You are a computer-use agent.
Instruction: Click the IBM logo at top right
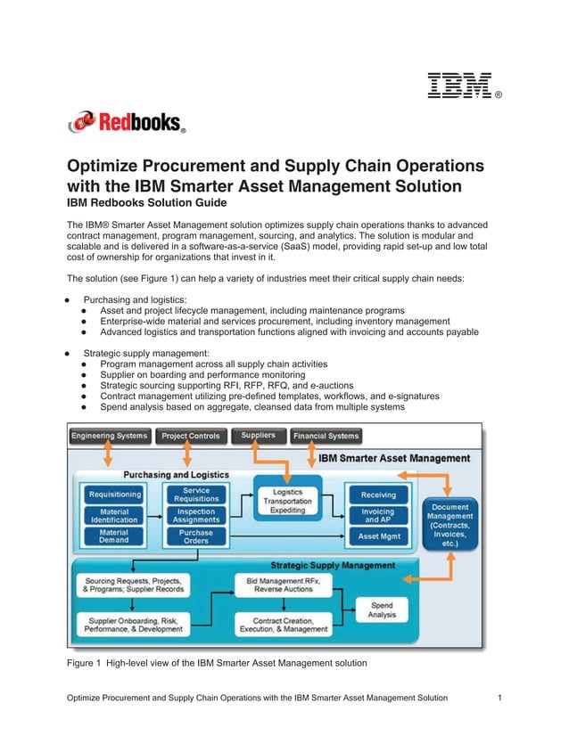click(x=460, y=86)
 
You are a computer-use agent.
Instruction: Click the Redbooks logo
click(x=127, y=122)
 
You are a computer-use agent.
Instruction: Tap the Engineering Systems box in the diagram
click(x=110, y=436)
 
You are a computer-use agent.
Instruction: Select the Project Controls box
click(x=190, y=436)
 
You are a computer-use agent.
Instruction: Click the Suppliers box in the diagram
click(x=259, y=435)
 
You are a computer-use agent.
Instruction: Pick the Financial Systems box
click(x=326, y=436)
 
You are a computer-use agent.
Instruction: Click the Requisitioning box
click(x=114, y=494)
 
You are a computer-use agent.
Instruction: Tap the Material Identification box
click(x=114, y=515)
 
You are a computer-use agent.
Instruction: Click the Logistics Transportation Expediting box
click(x=288, y=501)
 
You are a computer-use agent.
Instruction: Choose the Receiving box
click(x=378, y=495)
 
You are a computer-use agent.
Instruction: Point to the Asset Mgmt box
click(x=378, y=536)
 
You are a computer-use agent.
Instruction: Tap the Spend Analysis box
click(x=381, y=611)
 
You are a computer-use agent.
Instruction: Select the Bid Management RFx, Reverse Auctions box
click(x=284, y=585)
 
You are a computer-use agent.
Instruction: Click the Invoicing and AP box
click(x=378, y=515)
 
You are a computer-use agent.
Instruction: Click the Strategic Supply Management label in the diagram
click(x=332, y=565)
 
